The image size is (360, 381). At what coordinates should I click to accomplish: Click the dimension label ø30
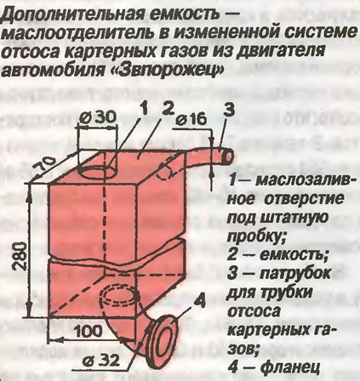[96, 117]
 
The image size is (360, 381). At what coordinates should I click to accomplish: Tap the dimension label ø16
[191, 120]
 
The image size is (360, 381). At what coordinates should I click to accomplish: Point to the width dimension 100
[88, 331]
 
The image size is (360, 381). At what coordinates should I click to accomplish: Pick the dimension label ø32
[100, 361]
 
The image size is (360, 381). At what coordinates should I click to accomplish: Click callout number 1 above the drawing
[145, 110]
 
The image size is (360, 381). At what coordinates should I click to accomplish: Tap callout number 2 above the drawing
[169, 108]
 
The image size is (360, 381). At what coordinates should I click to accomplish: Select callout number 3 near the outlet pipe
[229, 111]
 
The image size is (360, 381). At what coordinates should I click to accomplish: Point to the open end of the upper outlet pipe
[228, 156]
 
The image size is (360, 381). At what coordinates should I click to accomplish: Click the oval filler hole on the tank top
[97, 172]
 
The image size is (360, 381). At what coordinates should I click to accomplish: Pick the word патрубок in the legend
[294, 274]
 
